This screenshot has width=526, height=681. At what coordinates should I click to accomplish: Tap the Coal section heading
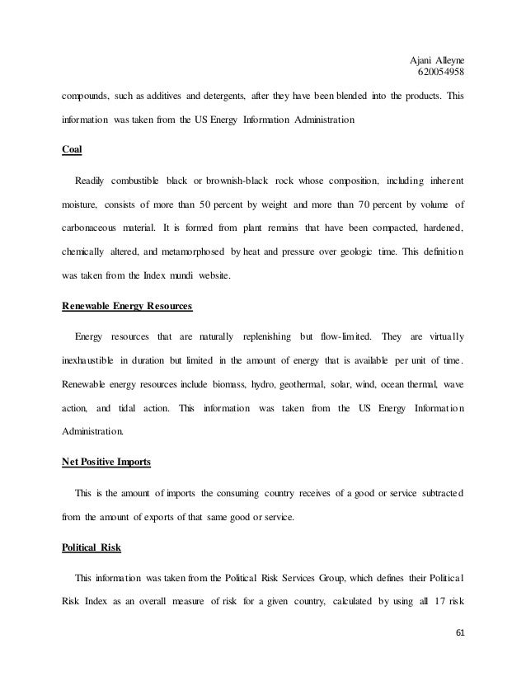tap(73, 151)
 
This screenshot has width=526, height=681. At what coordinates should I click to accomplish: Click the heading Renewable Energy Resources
tap(127, 308)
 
